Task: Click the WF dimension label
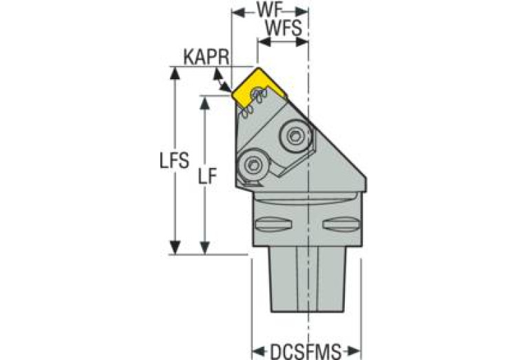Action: pyautogui.click(x=268, y=10)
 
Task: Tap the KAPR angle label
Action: pyautogui.click(x=206, y=57)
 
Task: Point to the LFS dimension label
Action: pyautogui.click(x=174, y=160)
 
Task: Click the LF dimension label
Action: pyautogui.click(x=207, y=176)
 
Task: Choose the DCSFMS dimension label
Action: pyautogui.click(x=306, y=352)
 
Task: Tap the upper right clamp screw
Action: pyautogui.click(x=295, y=136)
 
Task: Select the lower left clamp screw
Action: pyautogui.click(x=253, y=165)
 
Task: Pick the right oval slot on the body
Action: pyautogui.click(x=341, y=224)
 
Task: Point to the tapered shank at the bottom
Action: pyautogui.click(x=307, y=279)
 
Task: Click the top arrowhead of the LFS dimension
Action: pyautogui.click(x=174, y=73)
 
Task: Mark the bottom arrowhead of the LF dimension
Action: pyautogui.click(x=204, y=248)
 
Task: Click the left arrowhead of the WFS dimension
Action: pyautogui.click(x=264, y=42)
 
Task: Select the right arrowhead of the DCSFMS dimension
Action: pyautogui.click(x=354, y=352)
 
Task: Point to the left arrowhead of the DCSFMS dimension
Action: pyautogui.click(x=259, y=352)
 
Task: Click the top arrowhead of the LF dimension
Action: pyautogui.click(x=204, y=103)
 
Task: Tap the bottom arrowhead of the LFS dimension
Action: pyautogui.click(x=174, y=248)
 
